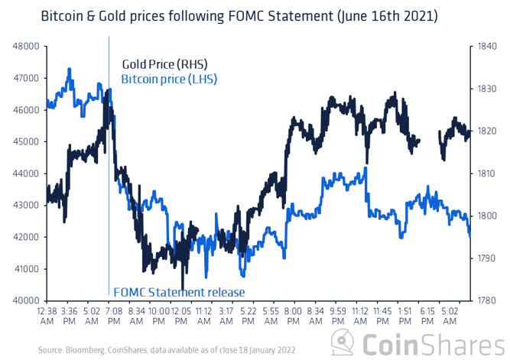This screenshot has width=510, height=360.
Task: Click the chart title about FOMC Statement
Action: tap(243, 15)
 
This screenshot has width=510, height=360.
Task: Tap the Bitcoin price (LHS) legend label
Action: tap(169, 77)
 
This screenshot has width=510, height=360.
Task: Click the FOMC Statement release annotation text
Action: tap(179, 292)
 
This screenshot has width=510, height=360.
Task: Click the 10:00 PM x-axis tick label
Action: tap(159, 316)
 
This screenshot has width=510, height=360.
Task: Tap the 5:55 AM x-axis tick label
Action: tap(271, 316)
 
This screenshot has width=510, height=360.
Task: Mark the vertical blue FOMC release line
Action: tap(109, 229)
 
